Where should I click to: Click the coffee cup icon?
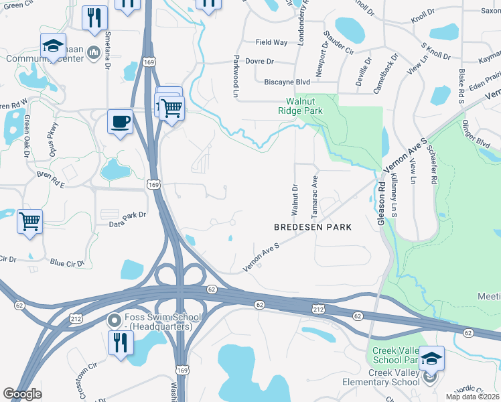[x=120, y=122]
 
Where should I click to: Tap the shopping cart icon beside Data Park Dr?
[x=30, y=220]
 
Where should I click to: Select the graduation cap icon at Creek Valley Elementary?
[x=431, y=358]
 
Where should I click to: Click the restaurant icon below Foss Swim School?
[x=120, y=342]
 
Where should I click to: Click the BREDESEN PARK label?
[x=313, y=227]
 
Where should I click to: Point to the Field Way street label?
[x=271, y=42]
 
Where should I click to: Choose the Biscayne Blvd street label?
[x=287, y=82]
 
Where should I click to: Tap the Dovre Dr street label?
[x=261, y=62]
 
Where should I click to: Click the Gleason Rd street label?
[x=379, y=194]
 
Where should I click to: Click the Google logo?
[x=22, y=394]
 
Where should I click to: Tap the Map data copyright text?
[x=473, y=397]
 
